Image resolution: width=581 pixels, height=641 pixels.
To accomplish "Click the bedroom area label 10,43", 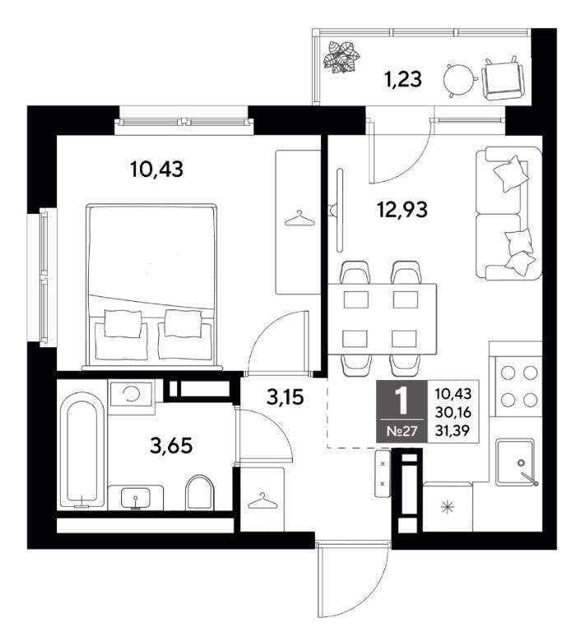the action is click(156, 169).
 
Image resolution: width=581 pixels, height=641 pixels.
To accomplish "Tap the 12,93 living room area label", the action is click(402, 210).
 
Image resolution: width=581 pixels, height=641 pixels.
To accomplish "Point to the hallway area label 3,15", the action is click(285, 397).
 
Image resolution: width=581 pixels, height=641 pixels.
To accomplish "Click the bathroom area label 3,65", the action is click(171, 446).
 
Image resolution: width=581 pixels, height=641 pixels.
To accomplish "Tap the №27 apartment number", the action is click(402, 431).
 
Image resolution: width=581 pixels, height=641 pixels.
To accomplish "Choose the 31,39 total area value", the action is click(453, 430).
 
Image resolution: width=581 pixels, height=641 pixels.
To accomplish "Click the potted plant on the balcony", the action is click(341, 57).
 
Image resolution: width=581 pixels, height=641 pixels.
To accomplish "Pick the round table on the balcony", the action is click(459, 79).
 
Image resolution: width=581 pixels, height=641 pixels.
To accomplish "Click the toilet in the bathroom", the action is click(200, 492).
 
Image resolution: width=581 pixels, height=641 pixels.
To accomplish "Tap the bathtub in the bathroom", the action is click(82, 449).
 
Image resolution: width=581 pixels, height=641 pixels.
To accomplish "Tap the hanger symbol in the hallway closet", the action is click(262, 500).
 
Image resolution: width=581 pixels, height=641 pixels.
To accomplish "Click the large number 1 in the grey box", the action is click(402, 401).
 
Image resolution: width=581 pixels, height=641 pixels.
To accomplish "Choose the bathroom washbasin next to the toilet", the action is click(136, 497).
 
